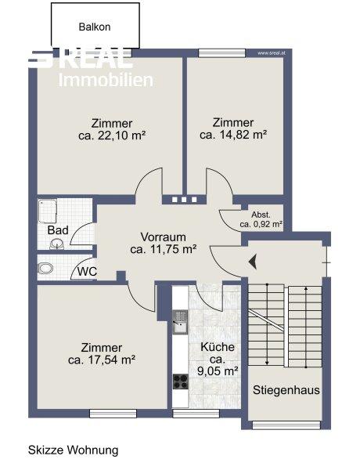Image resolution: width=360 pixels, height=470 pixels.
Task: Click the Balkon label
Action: (x=95, y=27)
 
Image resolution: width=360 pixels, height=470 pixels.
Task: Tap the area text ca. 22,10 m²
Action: (x=112, y=136)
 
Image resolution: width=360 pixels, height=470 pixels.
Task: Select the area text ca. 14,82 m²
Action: (x=233, y=135)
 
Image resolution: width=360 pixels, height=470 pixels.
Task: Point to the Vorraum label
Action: (x=164, y=237)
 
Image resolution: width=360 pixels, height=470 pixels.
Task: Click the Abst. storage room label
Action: (x=261, y=215)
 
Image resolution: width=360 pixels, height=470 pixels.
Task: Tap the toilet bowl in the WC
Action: (x=45, y=268)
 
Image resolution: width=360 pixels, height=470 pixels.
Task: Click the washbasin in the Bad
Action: (x=56, y=244)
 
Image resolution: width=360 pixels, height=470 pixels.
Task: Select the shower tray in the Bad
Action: (x=47, y=211)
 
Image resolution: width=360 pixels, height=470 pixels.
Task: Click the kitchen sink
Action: (x=180, y=322)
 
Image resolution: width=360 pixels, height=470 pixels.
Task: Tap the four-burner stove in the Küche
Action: (x=181, y=381)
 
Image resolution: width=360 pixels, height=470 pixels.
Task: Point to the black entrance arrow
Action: (x=253, y=262)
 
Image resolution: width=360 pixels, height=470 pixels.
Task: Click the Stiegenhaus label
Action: (x=286, y=390)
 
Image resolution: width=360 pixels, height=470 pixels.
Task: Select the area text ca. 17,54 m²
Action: (x=102, y=360)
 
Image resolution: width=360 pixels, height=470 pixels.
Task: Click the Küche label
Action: (x=218, y=347)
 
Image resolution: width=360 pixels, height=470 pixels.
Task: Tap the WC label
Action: (x=87, y=272)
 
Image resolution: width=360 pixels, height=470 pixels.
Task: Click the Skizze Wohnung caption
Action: (x=74, y=450)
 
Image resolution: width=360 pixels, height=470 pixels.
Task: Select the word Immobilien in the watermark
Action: (x=106, y=80)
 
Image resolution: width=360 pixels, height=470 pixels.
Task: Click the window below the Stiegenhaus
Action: (x=286, y=425)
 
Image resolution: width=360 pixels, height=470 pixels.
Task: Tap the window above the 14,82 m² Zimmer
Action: (x=222, y=53)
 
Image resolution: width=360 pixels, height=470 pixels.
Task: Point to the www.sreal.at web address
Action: (x=271, y=53)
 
